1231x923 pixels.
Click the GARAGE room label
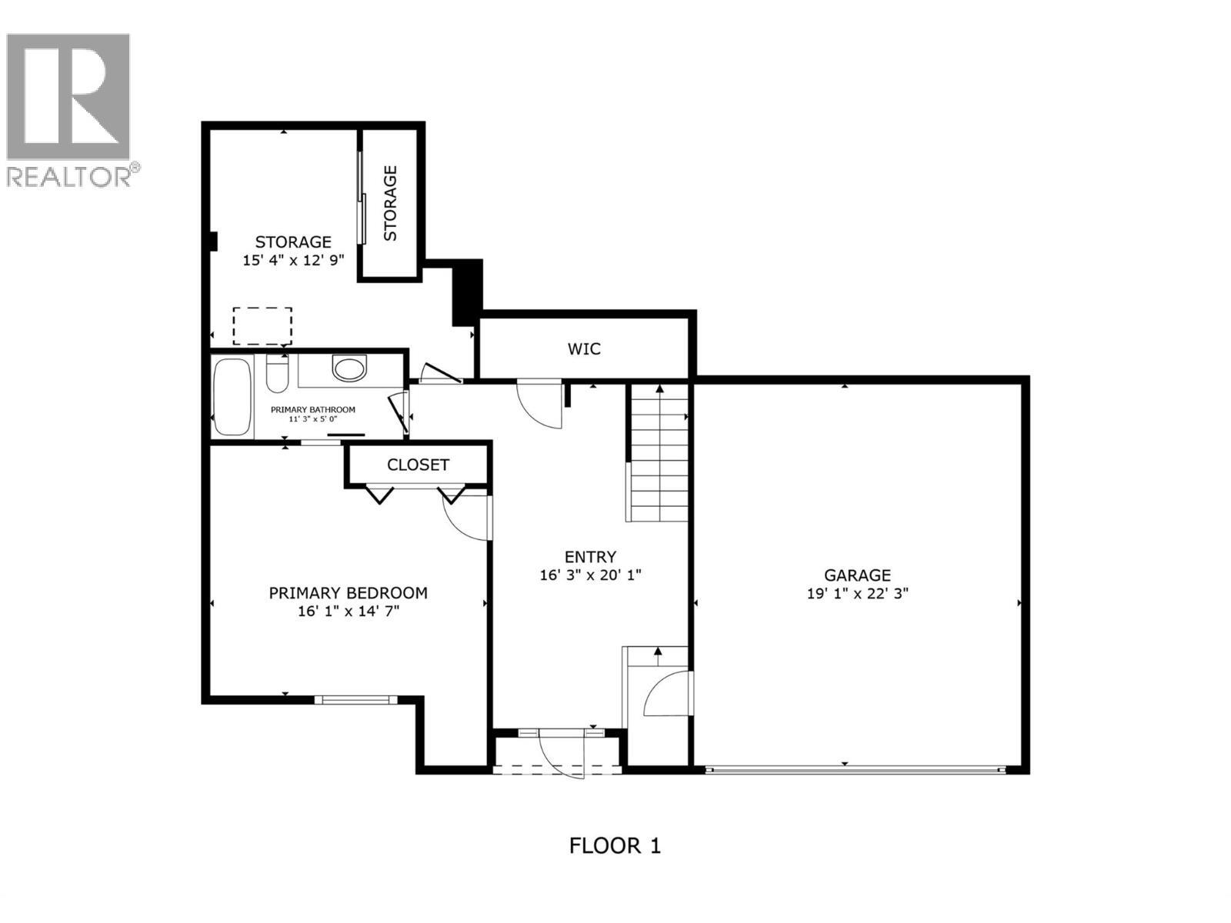[x=857, y=575]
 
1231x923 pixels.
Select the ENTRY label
[x=590, y=556]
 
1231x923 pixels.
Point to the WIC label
[x=584, y=349]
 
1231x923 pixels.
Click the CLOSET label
[x=418, y=465]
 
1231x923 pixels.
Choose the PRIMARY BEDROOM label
[x=348, y=593]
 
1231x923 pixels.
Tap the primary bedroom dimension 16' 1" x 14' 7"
[x=348, y=611]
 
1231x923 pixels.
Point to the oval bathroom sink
[x=349, y=368]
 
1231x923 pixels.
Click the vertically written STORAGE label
[x=391, y=203]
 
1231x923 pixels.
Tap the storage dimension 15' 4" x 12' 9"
[x=292, y=260]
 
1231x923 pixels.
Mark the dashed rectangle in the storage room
[x=262, y=325]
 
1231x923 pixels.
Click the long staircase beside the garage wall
[x=659, y=454]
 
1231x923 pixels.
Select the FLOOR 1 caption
[x=615, y=846]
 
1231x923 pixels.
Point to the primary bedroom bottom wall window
[x=355, y=699]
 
